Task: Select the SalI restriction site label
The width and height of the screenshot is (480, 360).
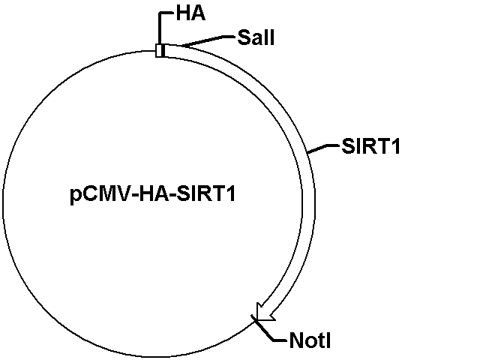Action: (x=256, y=37)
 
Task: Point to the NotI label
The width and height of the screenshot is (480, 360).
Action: (x=310, y=342)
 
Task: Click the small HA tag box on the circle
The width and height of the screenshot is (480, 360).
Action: (x=160, y=50)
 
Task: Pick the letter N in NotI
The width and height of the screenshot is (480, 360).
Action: (x=295, y=342)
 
